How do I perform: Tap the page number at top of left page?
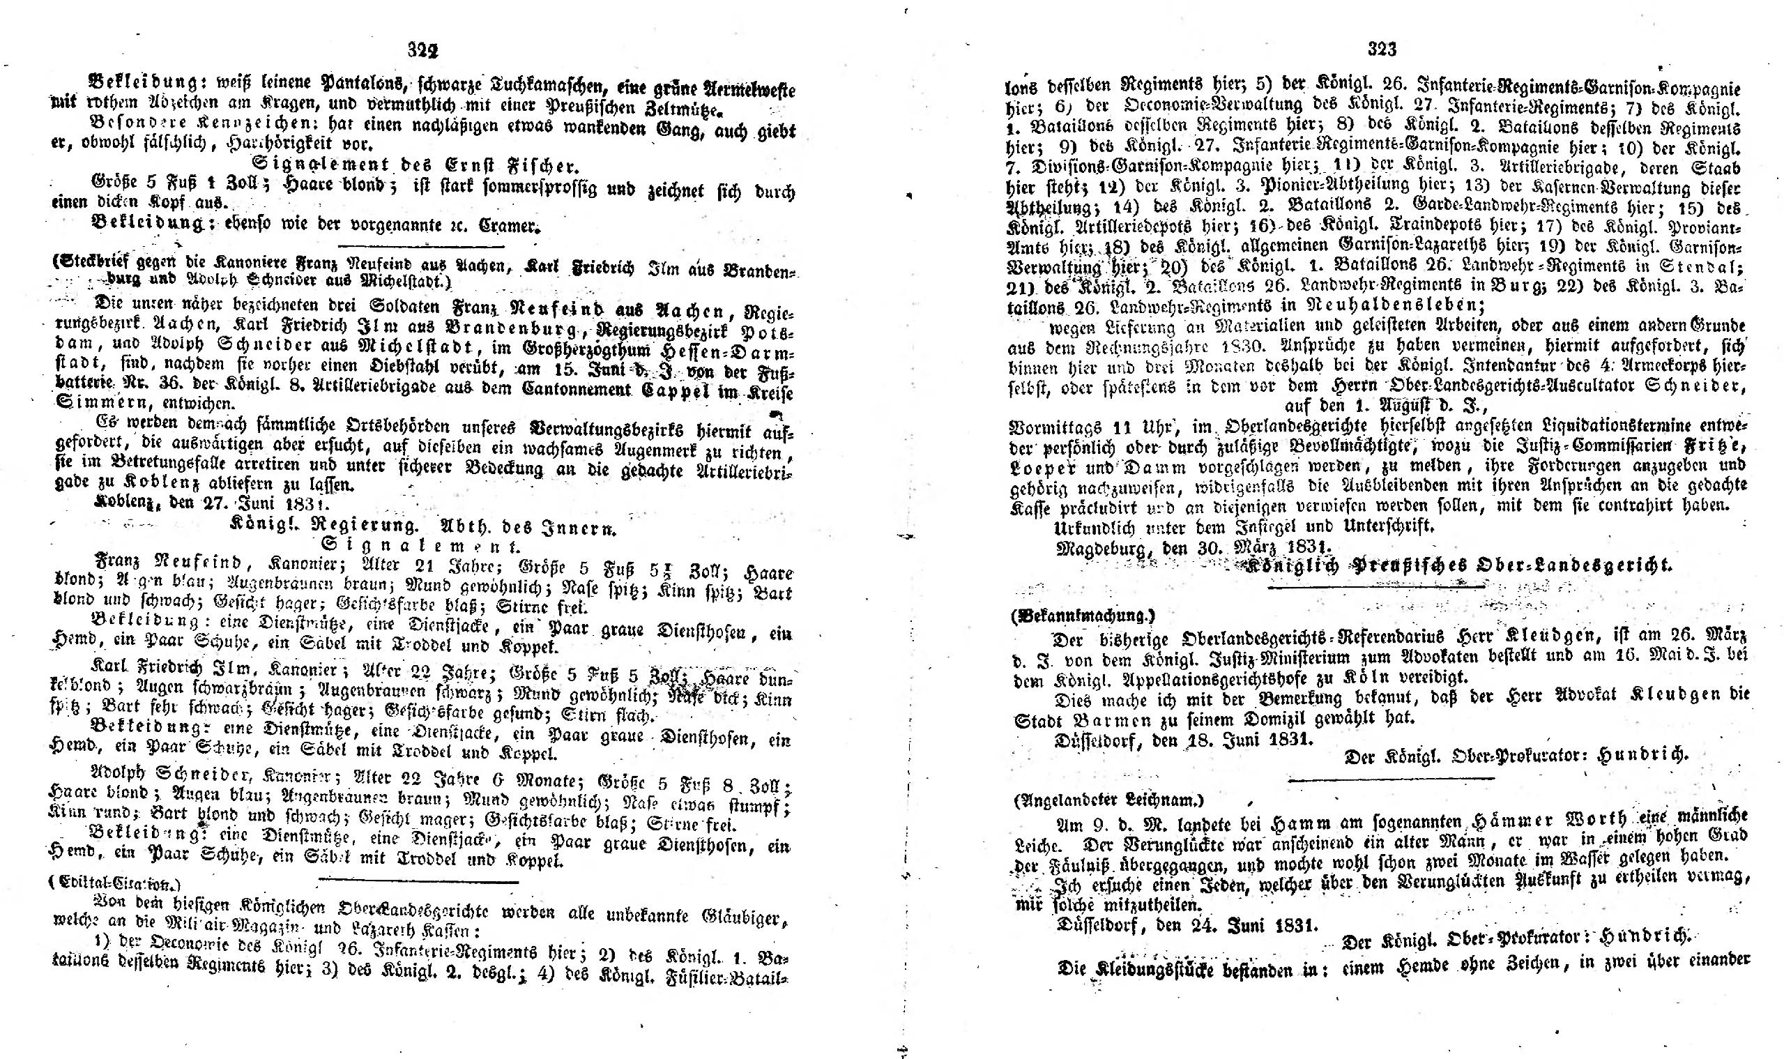pyautogui.click(x=422, y=51)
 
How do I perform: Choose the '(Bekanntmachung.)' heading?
pyautogui.click(x=1082, y=614)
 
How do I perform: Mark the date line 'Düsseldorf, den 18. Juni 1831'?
pyautogui.click(x=1184, y=740)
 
